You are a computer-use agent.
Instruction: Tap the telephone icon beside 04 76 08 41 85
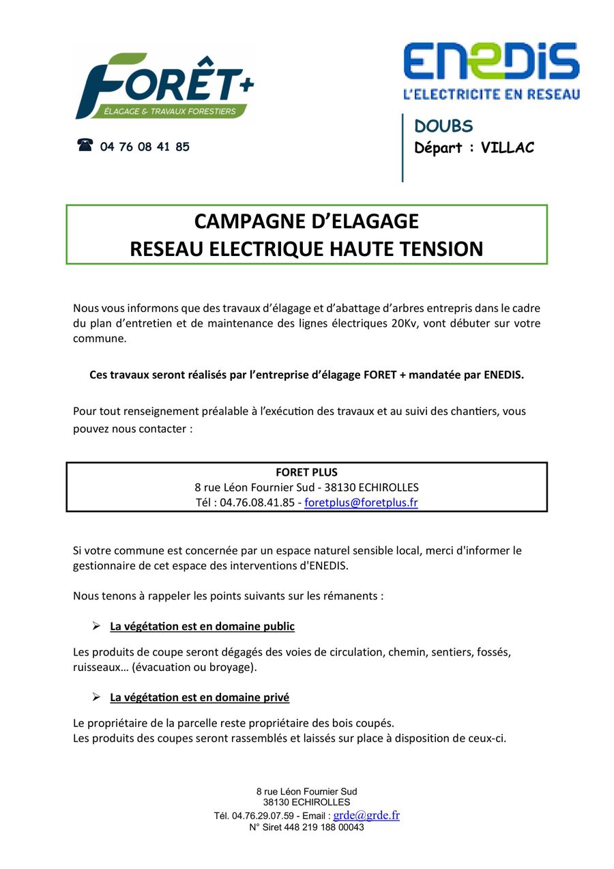pyautogui.click(x=85, y=145)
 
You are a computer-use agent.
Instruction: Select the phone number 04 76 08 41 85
pyautogui.click(x=145, y=147)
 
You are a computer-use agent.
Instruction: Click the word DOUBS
pyautogui.click(x=443, y=126)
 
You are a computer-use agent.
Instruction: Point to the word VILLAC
pyautogui.click(x=507, y=147)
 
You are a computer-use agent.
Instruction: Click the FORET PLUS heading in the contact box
pyautogui.click(x=306, y=472)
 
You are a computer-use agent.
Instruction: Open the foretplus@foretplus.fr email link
pyautogui.click(x=361, y=502)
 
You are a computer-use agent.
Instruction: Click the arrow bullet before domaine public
pyautogui.click(x=96, y=626)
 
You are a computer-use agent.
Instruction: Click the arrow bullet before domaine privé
pyautogui.click(x=96, y=697)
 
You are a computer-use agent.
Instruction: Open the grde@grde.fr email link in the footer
pyautogui.click(x=366, y=815)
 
